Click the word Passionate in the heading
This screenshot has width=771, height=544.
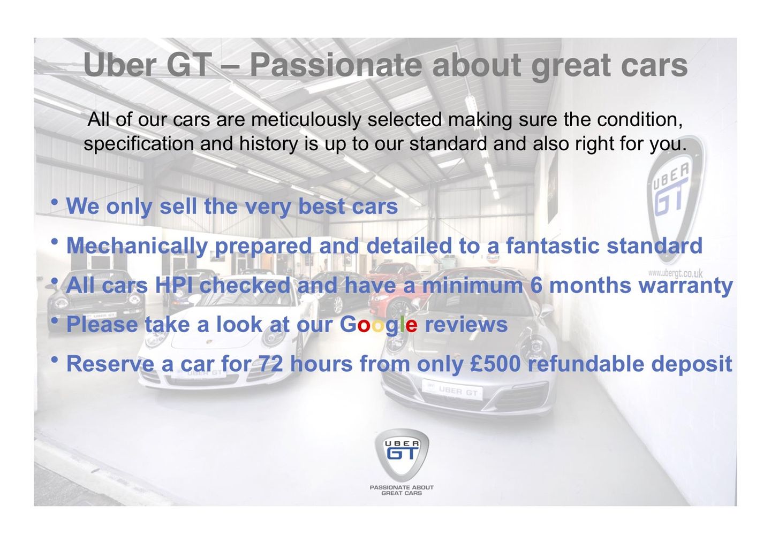[336, 65]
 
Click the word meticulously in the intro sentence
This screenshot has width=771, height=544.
[306, 120]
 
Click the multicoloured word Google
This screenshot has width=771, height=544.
[379, 324]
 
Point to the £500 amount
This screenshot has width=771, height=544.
[495, 364]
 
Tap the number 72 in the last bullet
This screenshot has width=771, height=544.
[270, 364]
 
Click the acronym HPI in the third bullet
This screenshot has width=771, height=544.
[175, 285]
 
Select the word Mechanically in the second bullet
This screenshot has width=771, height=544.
[137, 246]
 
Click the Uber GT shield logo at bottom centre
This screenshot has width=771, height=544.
[402, 454]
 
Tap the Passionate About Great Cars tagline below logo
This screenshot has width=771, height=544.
[402, 490]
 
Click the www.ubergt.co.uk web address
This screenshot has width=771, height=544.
[675, 273]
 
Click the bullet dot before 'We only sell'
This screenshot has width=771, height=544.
[55, 202]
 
